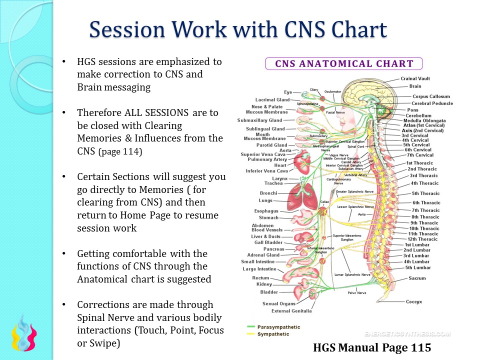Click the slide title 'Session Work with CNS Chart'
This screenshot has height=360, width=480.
pyautogui.click(x=238, y=30)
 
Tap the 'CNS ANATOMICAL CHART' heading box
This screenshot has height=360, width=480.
pyautogui.click(x=343, y=63)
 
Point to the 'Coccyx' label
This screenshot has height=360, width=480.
pyautogui.click(x=414, y=301)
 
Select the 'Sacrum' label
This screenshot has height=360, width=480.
pyautogui.click(x=417, y=278)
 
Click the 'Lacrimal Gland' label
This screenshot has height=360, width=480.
pyautogui.click(x=272, y=100)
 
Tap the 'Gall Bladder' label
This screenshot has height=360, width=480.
pyautogui.click(x=269, y=242)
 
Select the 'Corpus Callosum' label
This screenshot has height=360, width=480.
pyautogui.click(x=431, y=96)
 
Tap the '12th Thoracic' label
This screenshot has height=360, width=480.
pyautogui.click(x=422, y=239)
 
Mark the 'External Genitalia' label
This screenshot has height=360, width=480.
pyautogui.click(x=291, y=311)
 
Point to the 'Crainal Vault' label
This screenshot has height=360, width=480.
pyautogui.click(x=415, y=78)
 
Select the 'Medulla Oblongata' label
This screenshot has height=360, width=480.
pyautogui.click(x=425, y=120)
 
